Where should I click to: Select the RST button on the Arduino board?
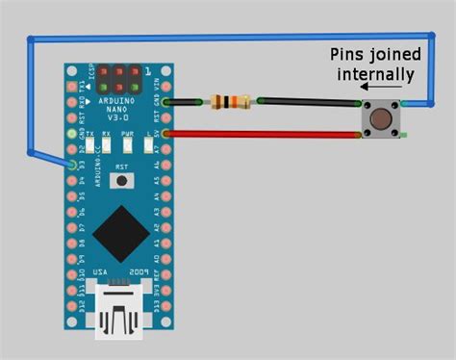[x=121, y=180]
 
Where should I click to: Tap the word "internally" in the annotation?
[x=375, y=73]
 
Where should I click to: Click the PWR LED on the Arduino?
[x=128, y=146]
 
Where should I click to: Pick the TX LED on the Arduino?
[x=89, y=146]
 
